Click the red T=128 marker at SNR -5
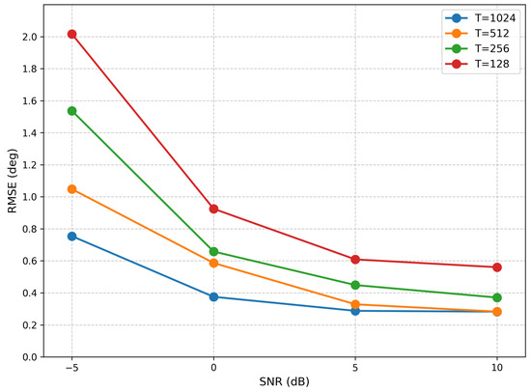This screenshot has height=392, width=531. pos(71,34)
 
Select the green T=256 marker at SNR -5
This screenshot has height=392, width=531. pos(71,111)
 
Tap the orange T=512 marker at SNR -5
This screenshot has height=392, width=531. pos(71,189)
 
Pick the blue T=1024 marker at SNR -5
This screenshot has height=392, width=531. pos(71,237)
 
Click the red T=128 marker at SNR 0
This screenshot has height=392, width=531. pos(213,209)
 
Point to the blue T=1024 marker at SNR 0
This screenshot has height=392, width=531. pos(213,296)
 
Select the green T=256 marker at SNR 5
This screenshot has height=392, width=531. pos(355,285)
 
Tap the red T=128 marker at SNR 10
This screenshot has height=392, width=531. pos(497,267)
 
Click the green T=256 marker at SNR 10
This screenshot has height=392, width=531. pos(497,297)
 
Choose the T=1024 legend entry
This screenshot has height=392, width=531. pos(481,18)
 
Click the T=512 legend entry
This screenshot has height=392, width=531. pos(477,33)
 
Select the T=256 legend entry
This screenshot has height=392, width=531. pos(477,48)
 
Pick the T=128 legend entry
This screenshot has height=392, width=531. pos(477,64)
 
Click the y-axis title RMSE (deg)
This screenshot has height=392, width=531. pos(13,181)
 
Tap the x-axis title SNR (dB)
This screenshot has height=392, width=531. pos(285,381)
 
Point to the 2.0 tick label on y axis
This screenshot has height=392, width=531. pos(30,37)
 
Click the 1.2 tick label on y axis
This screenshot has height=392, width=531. pos(30,165)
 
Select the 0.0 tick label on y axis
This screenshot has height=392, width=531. pos(30,357)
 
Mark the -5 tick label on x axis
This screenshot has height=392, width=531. pos(71,368)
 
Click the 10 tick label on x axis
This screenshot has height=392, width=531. pos(497,368)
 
